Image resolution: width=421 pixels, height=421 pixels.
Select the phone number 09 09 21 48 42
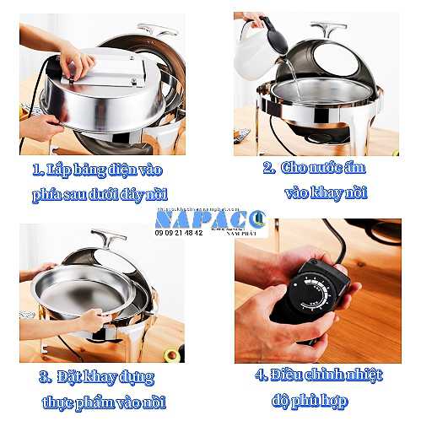pyautogui.click(x=179, y=232)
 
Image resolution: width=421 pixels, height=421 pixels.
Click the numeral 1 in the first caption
pyautogui.click(x=37, y=170)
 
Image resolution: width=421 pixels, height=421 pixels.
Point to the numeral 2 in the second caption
pyautogui.click(x=267, y=168)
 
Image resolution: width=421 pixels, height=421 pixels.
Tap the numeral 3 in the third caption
pyautogui.click(x=46, y=375)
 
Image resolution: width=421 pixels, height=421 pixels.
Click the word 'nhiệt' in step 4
pyautogui.click(x=364, y=373)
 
